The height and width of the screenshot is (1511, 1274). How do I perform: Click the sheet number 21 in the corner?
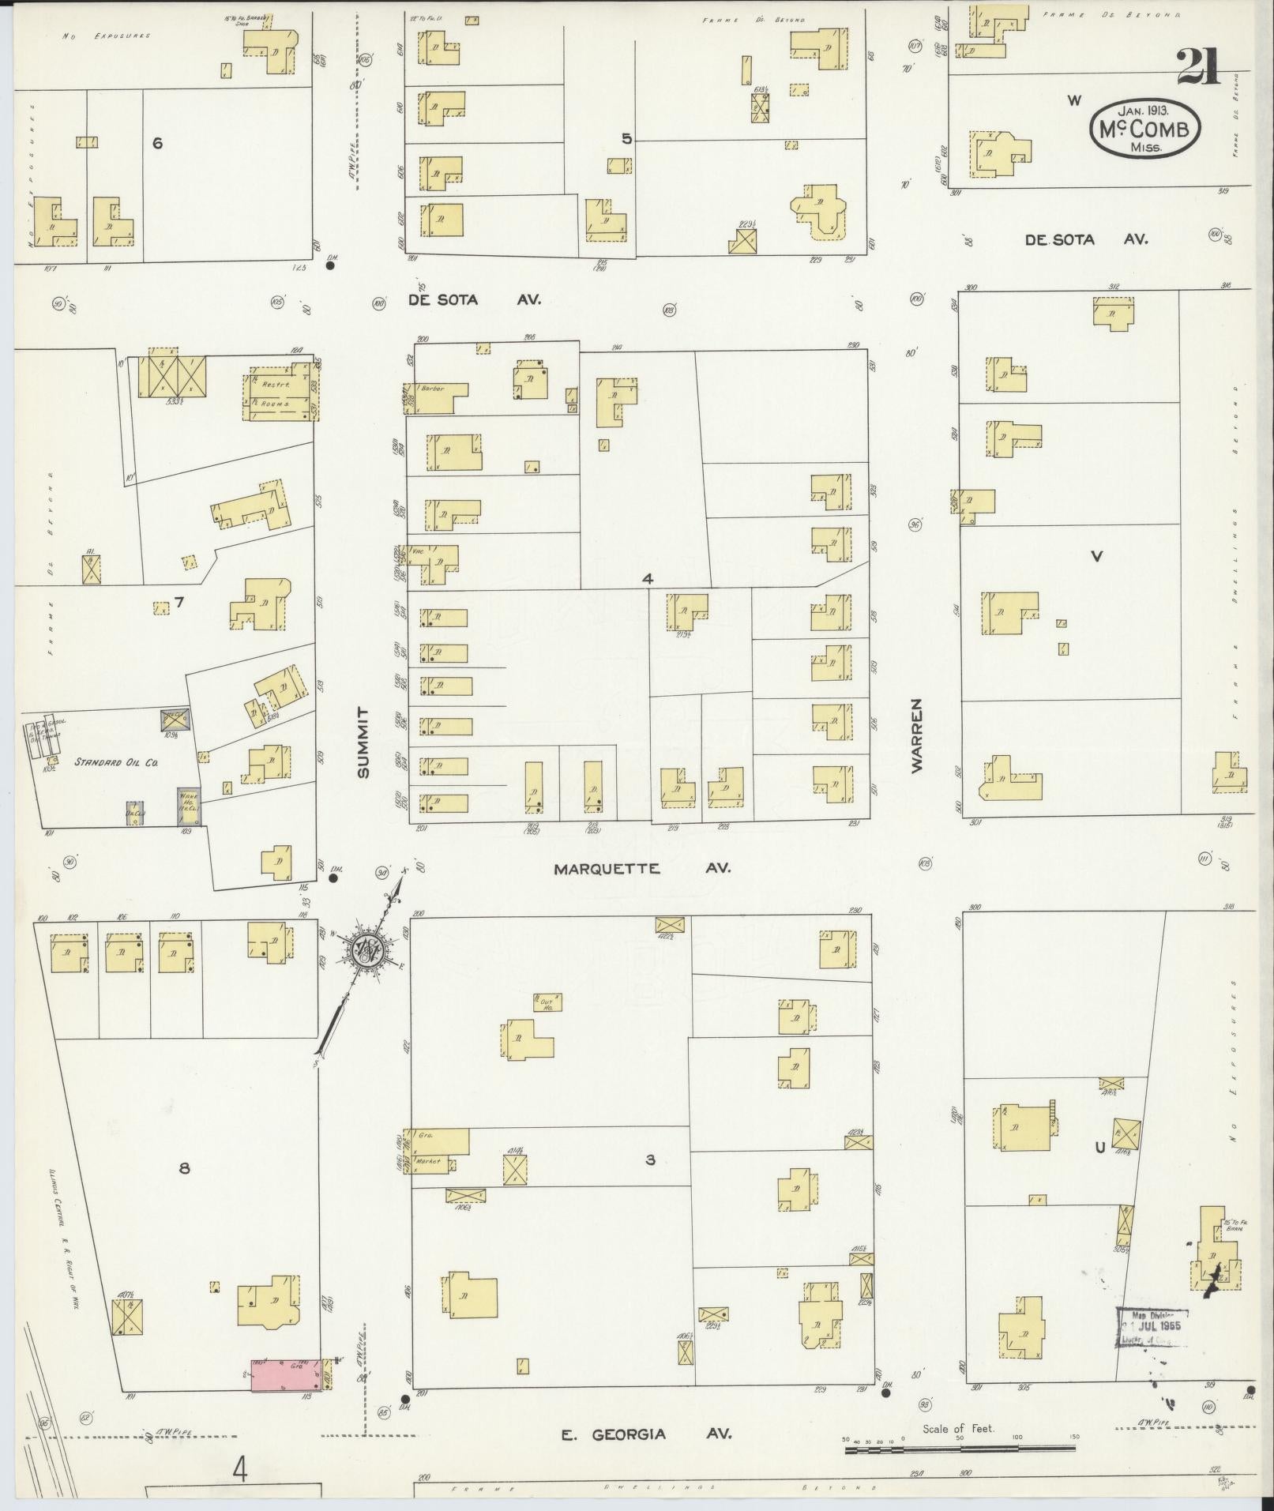click(x=1198, y=66)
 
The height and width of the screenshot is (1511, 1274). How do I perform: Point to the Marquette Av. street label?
click(x=641, y=868)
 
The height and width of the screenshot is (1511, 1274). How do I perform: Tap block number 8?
click(x=184, y=1167)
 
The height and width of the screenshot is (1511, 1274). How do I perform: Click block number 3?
click(x=650, y=1160)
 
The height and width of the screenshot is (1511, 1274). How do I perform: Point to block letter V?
click(x=1095, y=556)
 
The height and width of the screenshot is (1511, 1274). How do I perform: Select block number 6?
click(x=157, y=143)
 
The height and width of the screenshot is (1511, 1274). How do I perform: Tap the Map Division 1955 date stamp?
click(x=1152, y=1326)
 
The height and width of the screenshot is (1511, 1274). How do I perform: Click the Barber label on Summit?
click(x=434, y=389)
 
